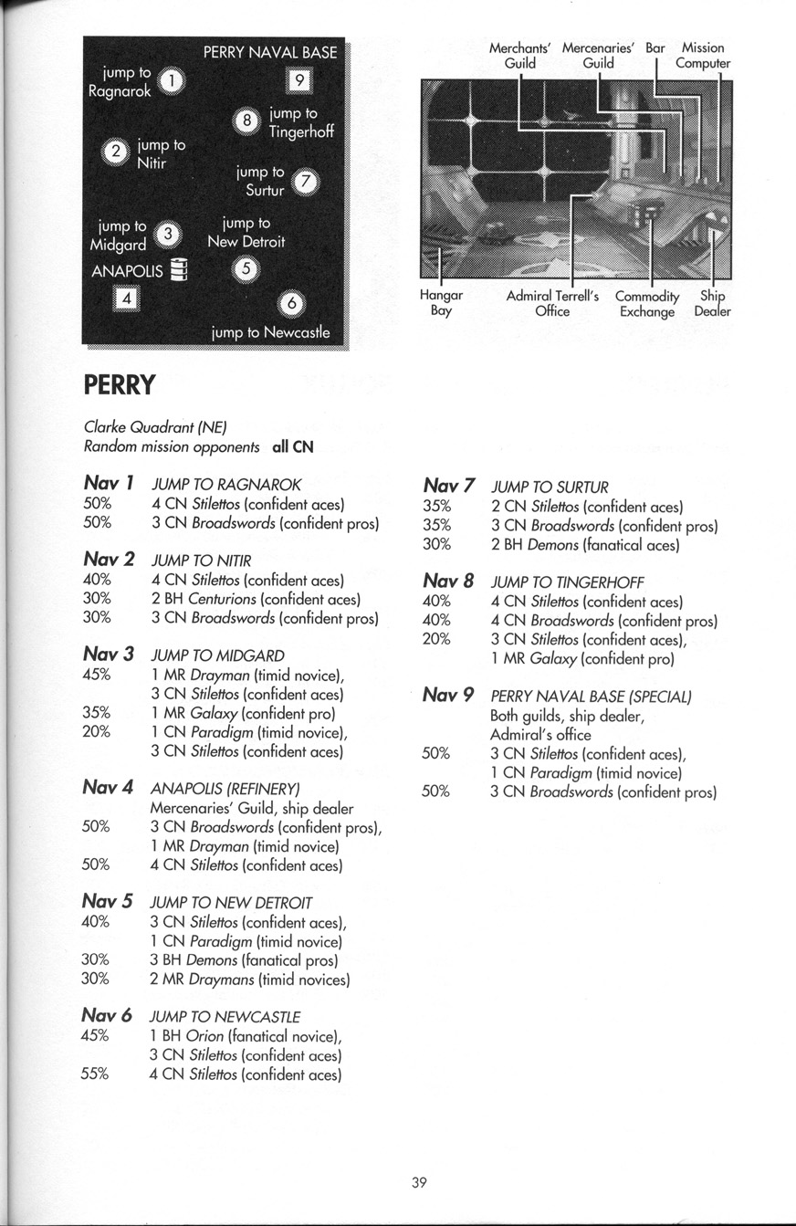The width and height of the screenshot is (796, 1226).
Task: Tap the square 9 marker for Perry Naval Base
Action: click(298, 82)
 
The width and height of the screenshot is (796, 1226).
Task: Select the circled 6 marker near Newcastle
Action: click(290, 305)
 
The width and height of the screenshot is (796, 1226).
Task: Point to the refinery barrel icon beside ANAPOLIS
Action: click(179, 270)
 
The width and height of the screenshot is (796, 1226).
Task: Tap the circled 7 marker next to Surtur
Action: click(307, 182)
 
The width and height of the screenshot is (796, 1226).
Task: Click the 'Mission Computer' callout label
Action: click(703, 56)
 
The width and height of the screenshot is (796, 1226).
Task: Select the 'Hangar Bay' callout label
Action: click(441, 303)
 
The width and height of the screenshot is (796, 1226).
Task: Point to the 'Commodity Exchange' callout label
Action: click(647, 304)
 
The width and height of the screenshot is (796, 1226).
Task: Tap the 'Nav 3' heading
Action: click(109, 654)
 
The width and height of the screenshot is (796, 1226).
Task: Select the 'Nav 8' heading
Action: click(448, 581)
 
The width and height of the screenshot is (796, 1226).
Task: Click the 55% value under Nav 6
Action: click(95, 1074)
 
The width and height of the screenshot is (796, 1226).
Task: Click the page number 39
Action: click(419, 1183)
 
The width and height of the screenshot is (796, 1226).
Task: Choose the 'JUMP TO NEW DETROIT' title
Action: click(231, 903)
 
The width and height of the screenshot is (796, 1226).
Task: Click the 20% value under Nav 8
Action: click(436, 639)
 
